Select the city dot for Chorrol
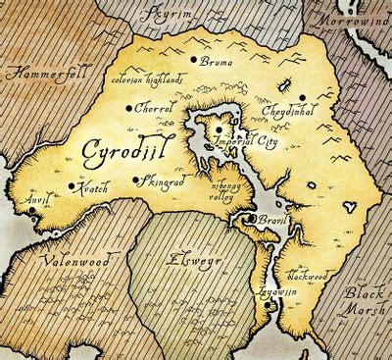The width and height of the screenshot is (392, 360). pyautogui.click(x=129, y=108)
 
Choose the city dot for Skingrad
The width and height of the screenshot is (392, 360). pyautogui.click(x=136, y=180)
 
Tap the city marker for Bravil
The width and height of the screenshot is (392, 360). pyautogui.click(x=253, y=218)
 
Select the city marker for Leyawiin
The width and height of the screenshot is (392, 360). pyautogui.click(x=269, y=307)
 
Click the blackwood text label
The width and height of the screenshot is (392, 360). pyautogui.click(x=312, y=278)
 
